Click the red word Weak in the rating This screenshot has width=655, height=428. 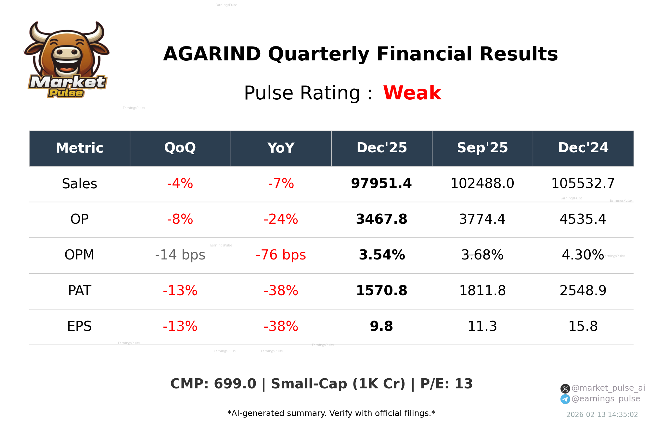click(412, 93)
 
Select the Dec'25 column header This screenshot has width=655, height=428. click(381, 148)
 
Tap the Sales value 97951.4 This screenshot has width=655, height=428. click(381, 183)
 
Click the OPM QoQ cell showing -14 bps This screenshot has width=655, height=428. click(180, 255)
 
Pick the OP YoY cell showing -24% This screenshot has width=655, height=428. click(281, 219)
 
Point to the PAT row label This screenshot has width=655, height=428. click(80, 291)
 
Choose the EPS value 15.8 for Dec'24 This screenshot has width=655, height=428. click(583, 326)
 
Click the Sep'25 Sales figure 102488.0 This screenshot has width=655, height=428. click(482, 183)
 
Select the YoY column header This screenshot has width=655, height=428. click(281, 148)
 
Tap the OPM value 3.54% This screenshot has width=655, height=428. click(381, 255)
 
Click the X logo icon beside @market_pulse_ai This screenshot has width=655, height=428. click(565, 388)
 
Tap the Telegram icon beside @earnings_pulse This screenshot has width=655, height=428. click(565, 399)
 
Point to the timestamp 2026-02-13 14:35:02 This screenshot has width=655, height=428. click(602, 415)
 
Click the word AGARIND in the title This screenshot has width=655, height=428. click(212, 54)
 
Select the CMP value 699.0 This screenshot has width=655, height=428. click(235, 384)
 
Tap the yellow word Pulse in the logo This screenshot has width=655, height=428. click(66, 93)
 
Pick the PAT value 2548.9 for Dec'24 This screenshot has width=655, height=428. click(583, 291)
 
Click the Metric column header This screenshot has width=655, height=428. click(80, 148)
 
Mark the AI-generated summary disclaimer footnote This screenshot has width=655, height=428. click(331, 413)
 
